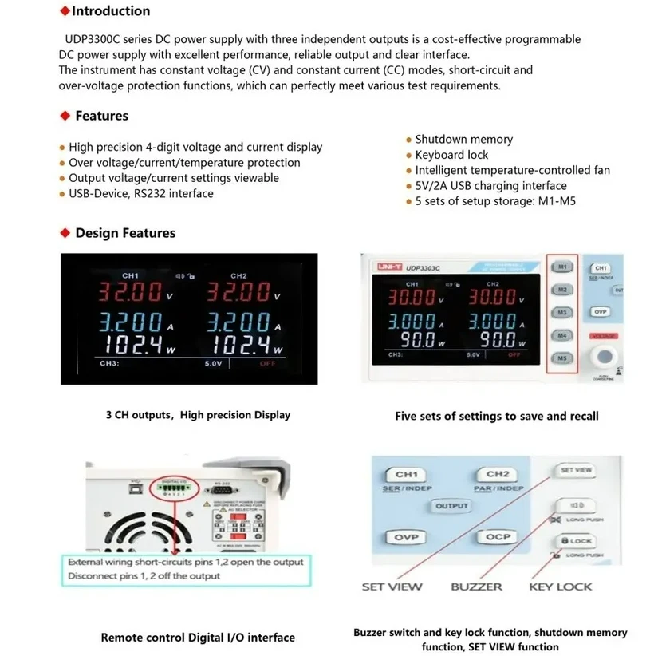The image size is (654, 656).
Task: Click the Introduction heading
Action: pyautogui.click(x=110, y=11)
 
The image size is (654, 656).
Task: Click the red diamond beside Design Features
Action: pyautogui.click(x=65, y=233)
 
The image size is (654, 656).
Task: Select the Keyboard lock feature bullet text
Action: pyautogui.click(x=451, y=155)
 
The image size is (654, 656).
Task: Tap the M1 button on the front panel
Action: pyautogui.click(x=563, y=267)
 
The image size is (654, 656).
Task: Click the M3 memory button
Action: pyautogui.click(x=563, y=312)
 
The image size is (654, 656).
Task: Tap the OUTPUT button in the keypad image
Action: pyautogui.click(x=451, y=506)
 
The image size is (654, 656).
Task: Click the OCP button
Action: pyautogui.click(x=498, y=537)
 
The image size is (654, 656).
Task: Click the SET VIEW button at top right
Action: pyautogui.click(x=577, y=471)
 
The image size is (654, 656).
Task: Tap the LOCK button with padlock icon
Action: pyautogui.click(x=577, y=541)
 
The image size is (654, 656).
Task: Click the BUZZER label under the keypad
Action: pyautogui.click(x=477, y=587)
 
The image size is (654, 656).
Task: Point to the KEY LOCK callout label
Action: pyautogui.click(x=561, y=587)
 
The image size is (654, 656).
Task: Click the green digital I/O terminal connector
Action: pyautogui.click(x=172, y=484)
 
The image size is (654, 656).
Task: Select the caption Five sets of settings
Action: pyautogui.click(x=496, y=416)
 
